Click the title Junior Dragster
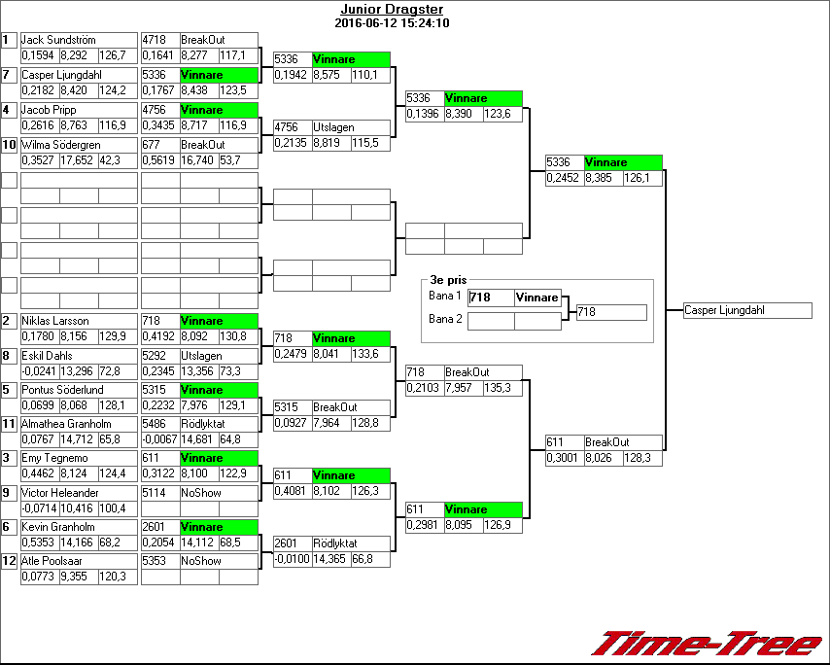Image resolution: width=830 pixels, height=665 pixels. (391, 10)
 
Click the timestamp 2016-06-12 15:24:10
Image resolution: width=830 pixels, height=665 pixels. (391, 23)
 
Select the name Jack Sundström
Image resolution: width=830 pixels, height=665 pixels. (58, 40)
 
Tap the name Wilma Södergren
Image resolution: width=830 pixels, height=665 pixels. (61, 145)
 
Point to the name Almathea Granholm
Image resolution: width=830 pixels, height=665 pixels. (66, 424)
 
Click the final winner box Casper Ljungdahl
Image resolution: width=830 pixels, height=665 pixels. (747, 311)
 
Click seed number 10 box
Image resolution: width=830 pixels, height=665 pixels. (9, 145)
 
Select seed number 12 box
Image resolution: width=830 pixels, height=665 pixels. (9, 561)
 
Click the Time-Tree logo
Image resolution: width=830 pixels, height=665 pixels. (707, 644)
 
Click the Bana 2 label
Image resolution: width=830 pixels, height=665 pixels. (446, 318)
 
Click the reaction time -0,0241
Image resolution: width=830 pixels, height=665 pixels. (39, 371)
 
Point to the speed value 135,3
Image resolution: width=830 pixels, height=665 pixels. (503, 389)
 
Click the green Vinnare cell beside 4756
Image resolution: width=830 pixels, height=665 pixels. (218, 110)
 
